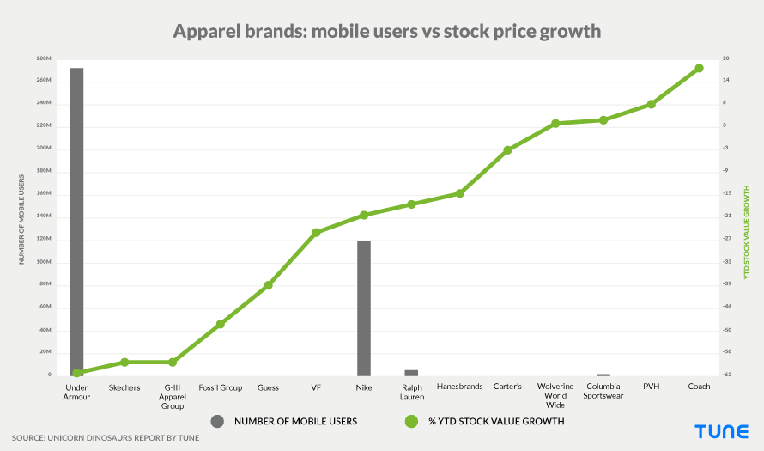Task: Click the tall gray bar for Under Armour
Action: coord(76,220)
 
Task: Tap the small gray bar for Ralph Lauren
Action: coord(411,373)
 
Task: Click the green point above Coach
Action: coord(699,68)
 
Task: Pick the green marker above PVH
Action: coord(651,104)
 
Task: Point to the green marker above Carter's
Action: coord(507,150)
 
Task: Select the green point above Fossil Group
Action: coord(220,324)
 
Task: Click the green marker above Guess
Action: coord(268,284)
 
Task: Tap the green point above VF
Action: coord(316,232)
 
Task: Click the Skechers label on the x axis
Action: coord(124,387)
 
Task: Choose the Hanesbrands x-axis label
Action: coord(459,387)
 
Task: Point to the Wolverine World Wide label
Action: coord(555,395)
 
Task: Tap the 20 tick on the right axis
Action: coord(726,58)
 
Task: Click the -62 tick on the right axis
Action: coord(726,375)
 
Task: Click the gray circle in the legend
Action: coord(217,421)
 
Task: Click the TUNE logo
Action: coord(721,432)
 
